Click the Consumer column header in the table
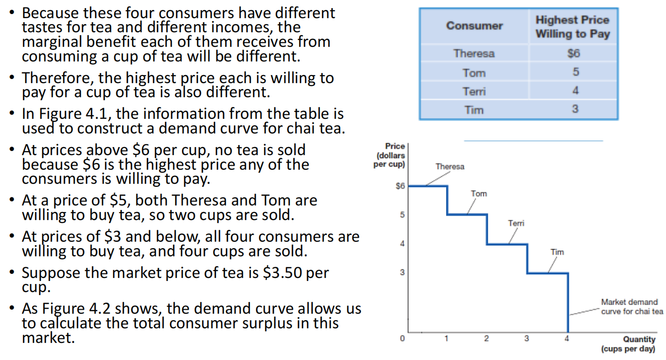(x=474, y=26)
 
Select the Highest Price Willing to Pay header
(x=572, y=27)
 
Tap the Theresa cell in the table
(x=474, y=53)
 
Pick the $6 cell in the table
(x=573, y=53)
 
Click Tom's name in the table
(x=474, y=73)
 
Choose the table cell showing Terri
(x=474, y=91)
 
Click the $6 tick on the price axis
(x=400, y=186)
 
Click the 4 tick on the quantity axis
(x=567, y=339)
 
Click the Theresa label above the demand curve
(x=450, y=167)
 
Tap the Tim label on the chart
(x=557, y=252)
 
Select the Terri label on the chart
(x=516, y=223)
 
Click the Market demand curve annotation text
(x=631, y=307)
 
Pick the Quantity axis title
(x=639, y=344)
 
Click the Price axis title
(x=389, y=155)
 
